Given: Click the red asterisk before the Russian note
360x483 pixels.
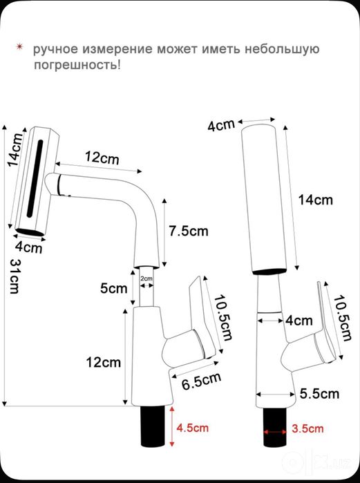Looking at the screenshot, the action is (20, 47).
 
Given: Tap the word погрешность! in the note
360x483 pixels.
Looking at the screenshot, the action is (77, 65).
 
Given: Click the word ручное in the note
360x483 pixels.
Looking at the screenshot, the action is (56, 49).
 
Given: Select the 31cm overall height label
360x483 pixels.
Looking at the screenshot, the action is (15, 276).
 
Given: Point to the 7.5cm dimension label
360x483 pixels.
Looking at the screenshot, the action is (189, 231).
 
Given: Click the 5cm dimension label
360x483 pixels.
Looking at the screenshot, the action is (113, 289).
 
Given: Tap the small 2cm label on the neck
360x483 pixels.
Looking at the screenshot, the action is (146, 278).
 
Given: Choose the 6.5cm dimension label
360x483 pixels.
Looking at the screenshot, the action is (201, 381).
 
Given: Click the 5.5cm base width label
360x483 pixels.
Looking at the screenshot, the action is (319, 394).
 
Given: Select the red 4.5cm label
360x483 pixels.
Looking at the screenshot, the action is (193, 428).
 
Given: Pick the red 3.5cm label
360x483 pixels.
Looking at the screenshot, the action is (307, 428).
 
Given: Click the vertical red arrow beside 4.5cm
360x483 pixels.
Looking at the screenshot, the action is (172, 426).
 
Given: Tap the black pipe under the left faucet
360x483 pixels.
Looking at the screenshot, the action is (153, 426).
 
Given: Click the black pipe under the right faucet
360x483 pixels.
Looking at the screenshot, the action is (275, 427).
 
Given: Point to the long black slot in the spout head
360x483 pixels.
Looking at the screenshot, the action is (35, 179).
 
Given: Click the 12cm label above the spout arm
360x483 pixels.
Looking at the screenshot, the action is (102, 158).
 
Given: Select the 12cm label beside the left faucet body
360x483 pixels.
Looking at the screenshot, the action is (103, 362).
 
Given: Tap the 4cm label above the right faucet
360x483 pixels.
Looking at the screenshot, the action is (221, 125).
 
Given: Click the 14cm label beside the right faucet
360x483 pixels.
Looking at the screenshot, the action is (315, 200).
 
